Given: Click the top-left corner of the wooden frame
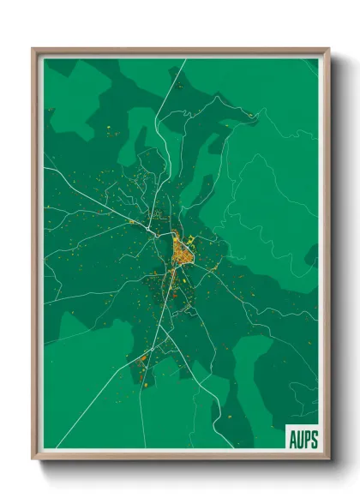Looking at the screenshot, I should tap(33, 49).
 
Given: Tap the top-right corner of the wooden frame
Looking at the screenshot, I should tap(329, 49).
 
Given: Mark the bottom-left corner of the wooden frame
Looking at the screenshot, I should tap(33, 459).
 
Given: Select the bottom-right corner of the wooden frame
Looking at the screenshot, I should tap(329, 459).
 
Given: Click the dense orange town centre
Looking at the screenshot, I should tap(182, 250).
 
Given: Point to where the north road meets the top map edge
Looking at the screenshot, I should tap(184, 59).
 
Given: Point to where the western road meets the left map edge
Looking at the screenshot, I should tap(45, 168).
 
